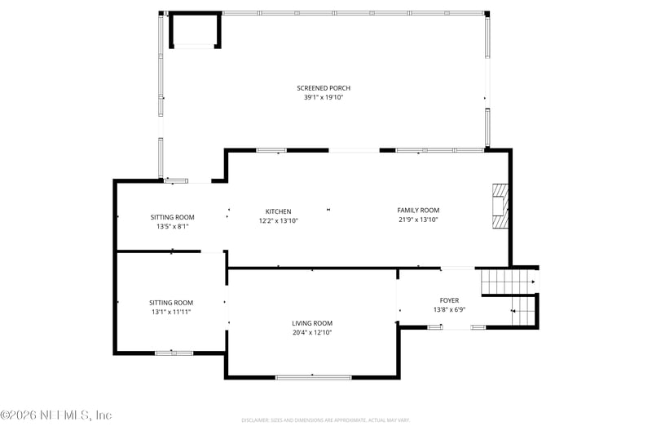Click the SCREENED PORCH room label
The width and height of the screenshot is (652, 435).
point(323,88)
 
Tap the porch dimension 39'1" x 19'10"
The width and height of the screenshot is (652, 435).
point(323,97)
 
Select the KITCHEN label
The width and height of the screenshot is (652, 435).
point(278,211)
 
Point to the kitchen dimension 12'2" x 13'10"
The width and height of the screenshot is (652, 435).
point(278,220)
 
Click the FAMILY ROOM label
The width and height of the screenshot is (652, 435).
point(418,211)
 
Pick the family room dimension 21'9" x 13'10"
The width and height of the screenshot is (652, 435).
point(418,220)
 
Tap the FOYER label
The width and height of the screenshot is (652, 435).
point(449,300)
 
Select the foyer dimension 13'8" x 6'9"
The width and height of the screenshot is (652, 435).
point(449,309)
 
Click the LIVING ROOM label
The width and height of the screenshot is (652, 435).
point(312,322)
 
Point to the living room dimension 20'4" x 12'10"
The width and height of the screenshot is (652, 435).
point(312,332)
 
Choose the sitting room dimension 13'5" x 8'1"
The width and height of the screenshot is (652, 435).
point(171,226)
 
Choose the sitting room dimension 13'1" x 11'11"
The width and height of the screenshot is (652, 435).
point(171,311)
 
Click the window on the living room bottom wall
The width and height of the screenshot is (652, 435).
point(313,377)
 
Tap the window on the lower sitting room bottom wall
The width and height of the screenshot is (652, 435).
point(174,353)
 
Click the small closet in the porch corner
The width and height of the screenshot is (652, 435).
point(194,31)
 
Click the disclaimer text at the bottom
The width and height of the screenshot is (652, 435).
point(325,420)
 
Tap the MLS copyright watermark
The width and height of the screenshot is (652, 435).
point(56,415)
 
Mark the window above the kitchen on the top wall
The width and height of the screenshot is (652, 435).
point(271,150)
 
